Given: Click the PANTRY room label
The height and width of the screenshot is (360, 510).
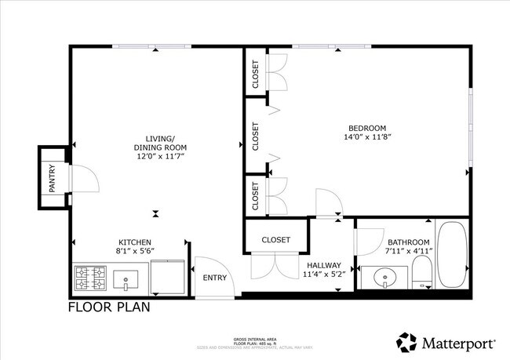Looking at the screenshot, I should [x=52, y=177].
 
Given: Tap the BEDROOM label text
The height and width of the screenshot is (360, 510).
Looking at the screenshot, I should [x=367, y=129].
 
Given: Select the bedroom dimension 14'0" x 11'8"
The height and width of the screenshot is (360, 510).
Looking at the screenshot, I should [x=367, y=137].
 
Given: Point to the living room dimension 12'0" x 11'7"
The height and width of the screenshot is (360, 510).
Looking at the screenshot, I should [x=160, y=156].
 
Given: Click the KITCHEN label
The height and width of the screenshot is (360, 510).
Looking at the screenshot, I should [x=134, y=242].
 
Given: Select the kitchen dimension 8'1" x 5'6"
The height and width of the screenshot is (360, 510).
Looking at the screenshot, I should [x=134, y=251].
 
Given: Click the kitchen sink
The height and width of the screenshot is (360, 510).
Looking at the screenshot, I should [x=125, y=278].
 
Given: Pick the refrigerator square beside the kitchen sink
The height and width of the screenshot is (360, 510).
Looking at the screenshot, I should [x=166, y=276].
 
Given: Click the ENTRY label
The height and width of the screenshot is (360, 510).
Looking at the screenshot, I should [x=214, y=278].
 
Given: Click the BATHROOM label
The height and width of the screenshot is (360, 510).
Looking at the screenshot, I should [x=407, y=242].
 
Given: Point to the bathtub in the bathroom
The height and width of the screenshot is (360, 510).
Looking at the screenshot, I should [x=452, y=255].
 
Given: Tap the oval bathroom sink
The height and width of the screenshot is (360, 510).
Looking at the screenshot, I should [x=384, y=278].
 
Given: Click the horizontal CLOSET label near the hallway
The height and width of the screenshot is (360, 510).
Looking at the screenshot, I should [x=275, y=239].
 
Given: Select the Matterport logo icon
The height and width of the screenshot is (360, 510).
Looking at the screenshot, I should [x=406, y=343].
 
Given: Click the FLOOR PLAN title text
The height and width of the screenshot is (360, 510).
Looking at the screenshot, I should [x=109, y=307].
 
